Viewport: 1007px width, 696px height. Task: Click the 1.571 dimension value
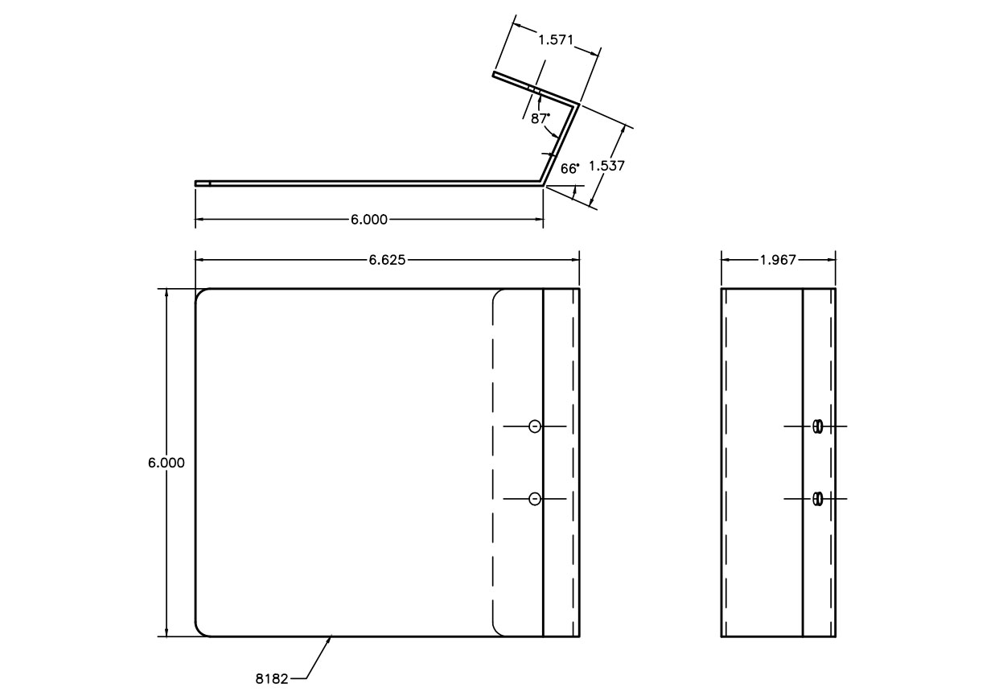click(x=555, y=38)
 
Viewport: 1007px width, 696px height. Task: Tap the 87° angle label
click(x=540, y=117)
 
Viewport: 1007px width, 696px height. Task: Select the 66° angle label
click(x=569, y=168)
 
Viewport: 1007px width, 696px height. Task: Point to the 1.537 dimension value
click(x=607, y=166)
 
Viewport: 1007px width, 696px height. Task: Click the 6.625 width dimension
click(x=388, y=259)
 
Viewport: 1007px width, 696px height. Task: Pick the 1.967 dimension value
click(x=778, y=259)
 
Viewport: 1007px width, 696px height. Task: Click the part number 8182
click(x=272, y=678)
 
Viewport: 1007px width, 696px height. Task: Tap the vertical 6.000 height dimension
click(x=166, y=463)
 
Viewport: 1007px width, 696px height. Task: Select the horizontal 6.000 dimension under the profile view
click(x=369, y=219)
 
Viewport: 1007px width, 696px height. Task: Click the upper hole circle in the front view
click(x=535, y=426)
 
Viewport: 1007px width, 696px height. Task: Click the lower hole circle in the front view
click(x=535, y=500)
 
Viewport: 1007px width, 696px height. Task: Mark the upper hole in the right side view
click(x=818, y=426)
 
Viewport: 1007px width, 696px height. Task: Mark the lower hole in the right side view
click(x=818, y=500)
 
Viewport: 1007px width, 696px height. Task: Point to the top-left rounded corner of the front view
click(x=201, y=294)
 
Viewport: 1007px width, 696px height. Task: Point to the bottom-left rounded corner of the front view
click(x=201, y=631)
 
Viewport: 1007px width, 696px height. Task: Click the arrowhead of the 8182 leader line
click(x=331, y=638)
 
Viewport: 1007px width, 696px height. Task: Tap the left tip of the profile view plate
click(x=196, y=183)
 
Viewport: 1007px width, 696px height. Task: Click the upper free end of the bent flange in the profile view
click(x=494, y=76)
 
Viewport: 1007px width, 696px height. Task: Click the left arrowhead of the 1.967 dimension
click(x=724, y=259)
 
